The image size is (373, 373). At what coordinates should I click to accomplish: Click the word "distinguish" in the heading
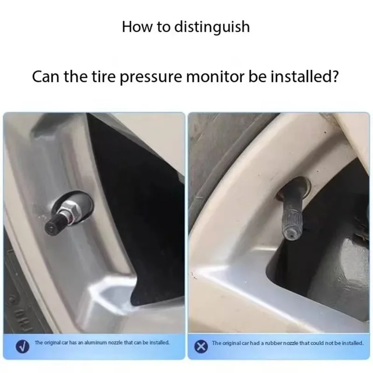point(212,27)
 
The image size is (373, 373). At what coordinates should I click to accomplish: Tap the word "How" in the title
point(137,27)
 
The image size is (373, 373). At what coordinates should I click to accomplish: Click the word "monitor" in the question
point(215,76)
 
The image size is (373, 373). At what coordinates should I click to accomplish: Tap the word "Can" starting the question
point(46,76)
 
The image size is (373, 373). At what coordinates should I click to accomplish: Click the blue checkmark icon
point(22,346)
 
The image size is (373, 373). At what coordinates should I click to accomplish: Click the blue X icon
point(201,346)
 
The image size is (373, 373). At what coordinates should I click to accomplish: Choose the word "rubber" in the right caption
point(273,343)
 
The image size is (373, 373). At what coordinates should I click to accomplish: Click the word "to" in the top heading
point(163,27)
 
